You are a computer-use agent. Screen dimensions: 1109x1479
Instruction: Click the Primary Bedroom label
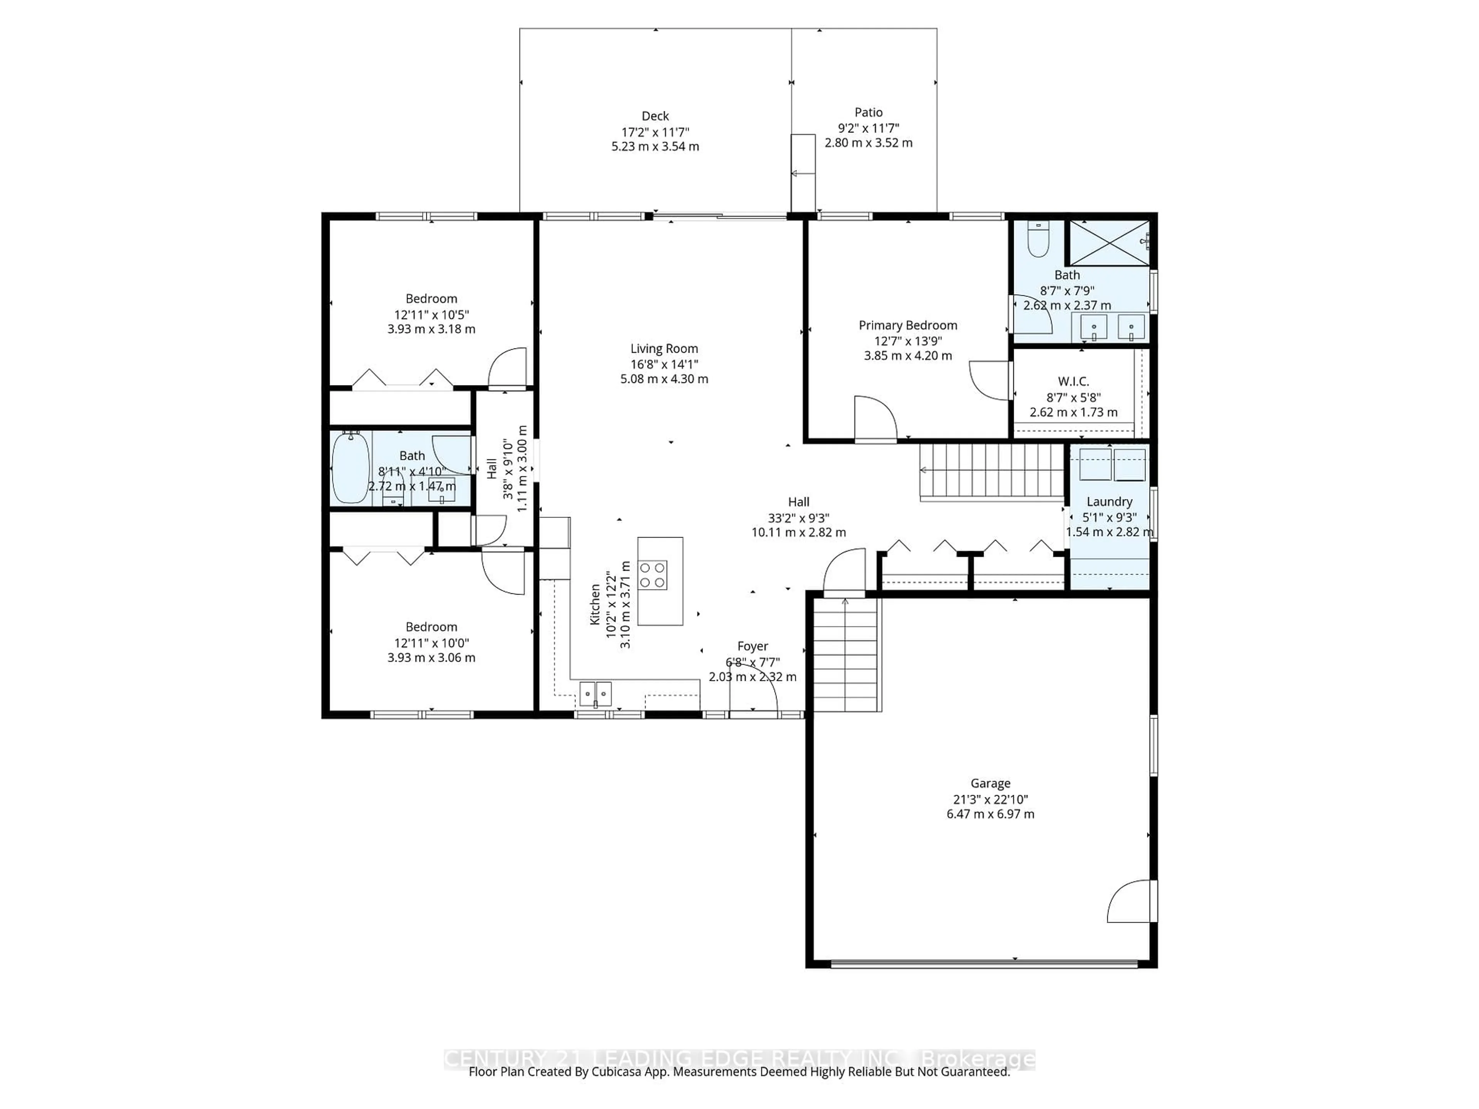tap(907, 325)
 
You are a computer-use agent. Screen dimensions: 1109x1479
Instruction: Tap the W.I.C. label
tap(1073, 381)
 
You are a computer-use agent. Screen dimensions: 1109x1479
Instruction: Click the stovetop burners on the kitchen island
tap(652, 575)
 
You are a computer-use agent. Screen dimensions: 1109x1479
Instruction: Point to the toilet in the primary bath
tap(1038, 239)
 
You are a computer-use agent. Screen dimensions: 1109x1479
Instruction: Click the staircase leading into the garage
tap(845, 655)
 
